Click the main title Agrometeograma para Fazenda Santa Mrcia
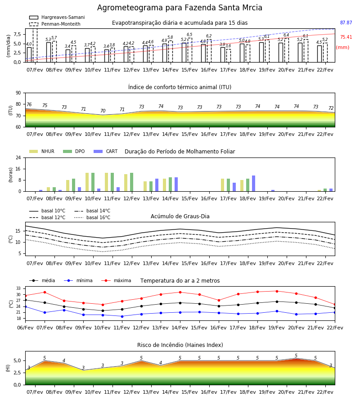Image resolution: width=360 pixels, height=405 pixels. click(180, 8)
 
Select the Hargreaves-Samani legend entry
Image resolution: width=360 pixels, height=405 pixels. click(57, 17)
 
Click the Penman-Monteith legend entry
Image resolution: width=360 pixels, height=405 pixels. click(55, 24)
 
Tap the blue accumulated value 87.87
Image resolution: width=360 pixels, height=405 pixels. click(346, 23)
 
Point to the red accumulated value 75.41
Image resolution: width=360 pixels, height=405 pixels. click(346, 37)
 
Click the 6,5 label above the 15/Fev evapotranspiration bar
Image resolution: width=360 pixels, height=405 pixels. click(189, 35)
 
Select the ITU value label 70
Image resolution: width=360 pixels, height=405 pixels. click(103, 111)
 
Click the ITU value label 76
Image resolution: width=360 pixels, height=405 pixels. click(29, 104)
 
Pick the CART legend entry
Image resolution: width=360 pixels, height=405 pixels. click(106, 151)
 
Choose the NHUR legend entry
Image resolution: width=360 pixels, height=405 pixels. click(42, 151)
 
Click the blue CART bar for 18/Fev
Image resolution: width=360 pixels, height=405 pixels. click(254, 184)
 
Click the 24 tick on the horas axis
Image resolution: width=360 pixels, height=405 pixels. click(18, 157)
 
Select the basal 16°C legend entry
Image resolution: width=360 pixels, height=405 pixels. click(92, 217)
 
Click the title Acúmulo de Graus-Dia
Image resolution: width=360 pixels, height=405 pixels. click(180, 216)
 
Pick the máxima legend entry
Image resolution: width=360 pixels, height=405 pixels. click(116, 280)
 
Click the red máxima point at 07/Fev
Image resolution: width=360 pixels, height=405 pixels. click(45, 292)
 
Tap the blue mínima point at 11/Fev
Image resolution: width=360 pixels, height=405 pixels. click(122, 316)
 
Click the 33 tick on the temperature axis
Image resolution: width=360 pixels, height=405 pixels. click(18, 288)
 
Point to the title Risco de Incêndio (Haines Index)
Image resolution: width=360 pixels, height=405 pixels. click(180, 345)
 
